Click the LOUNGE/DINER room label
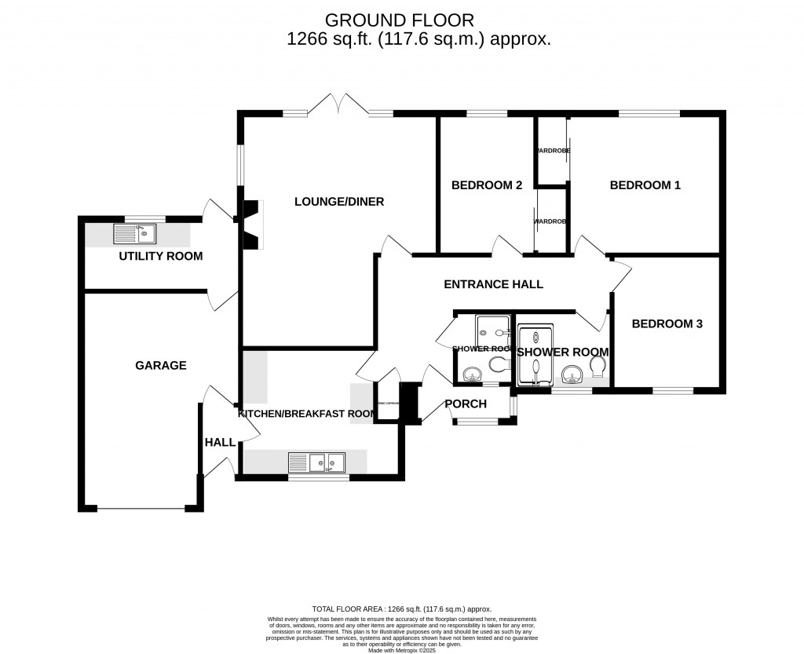pos(339,202)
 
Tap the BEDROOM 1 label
pos(645,186)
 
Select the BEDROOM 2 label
pos(487,186)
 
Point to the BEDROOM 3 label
pos(667,323)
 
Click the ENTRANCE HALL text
pos(493,284)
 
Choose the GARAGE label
pos(161,365)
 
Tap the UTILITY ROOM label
pos(160,256)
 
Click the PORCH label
pos(466,404)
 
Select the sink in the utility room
pos(136,233)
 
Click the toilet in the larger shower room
pos(598,367)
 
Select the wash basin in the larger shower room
pos(573,371)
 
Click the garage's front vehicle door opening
pos(141,510)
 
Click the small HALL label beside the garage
pos(220,443)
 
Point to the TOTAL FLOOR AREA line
pos(402,608)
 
